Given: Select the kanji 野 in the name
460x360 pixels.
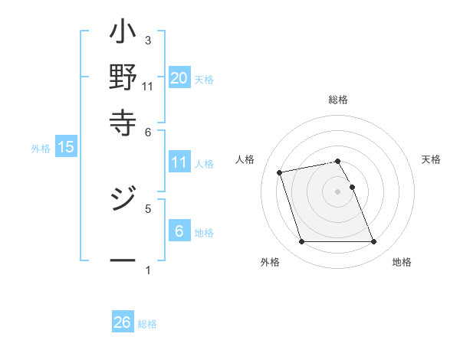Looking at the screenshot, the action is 123,77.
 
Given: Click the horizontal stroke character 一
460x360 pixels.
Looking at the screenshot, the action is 123,260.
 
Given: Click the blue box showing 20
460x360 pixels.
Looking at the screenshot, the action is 179,77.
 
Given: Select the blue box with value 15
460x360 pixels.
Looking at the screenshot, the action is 66,147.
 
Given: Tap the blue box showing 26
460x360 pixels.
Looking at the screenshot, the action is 123,322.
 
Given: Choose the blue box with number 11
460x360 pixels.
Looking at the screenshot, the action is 179,162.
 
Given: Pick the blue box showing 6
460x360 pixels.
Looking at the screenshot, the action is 179,231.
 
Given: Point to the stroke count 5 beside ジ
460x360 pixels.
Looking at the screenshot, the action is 148,208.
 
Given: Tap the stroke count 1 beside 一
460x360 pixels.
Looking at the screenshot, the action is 148,270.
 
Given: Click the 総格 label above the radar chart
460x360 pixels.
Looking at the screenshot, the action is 337,100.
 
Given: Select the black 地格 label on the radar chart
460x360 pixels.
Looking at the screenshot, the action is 402,262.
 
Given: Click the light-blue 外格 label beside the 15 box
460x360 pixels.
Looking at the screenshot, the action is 41,149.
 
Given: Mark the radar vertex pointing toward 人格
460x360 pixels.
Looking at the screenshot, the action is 280,172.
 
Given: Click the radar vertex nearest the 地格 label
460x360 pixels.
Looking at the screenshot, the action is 373,242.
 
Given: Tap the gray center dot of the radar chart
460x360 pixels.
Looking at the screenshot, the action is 337,191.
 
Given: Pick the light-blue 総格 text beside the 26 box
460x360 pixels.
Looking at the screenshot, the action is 147,324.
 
